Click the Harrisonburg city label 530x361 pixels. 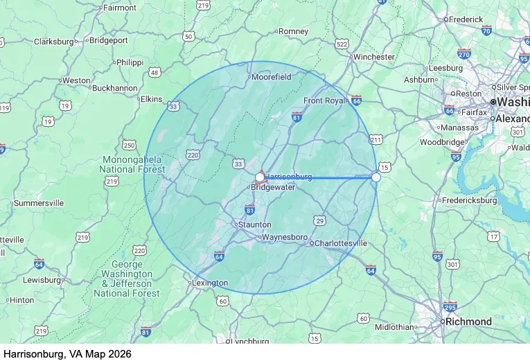pyautogui.click(x=290, y=177)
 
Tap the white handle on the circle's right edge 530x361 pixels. pyautogui.click(x=376, y=177)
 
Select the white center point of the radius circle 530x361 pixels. pyautogui.click(x=260, y=177)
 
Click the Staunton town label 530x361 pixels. pyautogui.click(x=254, y=224)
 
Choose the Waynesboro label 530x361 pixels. pyautogui.click(x=284, y=237)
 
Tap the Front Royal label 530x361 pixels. pyautogui.click(x=324, y=100)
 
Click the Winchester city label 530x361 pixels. pyautogui.click(x=373, y=57)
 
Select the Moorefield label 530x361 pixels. pyautogui.click(x=272, y=77)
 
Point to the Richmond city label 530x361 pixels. pyautogui.click(x=468, y=322)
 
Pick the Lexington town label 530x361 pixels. pyautogui.click(x=209, y=283)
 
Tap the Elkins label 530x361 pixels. pyautogui.click(x=151, y=99)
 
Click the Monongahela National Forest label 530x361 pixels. pyautogui.click(x=132, y=164)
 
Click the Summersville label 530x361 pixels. pyautogui.click(x=39, y=203)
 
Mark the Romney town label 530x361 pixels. pyautogui.click(x=293, y=31)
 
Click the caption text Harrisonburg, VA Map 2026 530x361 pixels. pyautogui.click(x=67, y=353)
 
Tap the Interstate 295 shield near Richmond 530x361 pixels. pyautogui.click(x=450, y=307)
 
